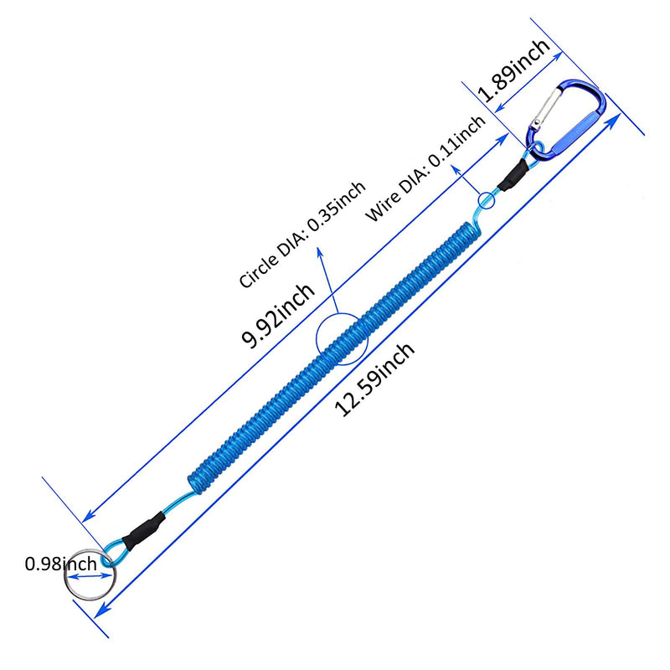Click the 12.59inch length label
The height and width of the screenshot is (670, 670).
(374, 379)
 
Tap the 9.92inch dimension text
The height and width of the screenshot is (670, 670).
(278, 315)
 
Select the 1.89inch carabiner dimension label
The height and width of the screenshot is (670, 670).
(513, 70)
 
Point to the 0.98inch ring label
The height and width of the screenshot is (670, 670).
(60, 564)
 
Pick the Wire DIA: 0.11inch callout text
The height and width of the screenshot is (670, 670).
(426, 169)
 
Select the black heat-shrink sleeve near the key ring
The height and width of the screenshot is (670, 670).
(143, 531)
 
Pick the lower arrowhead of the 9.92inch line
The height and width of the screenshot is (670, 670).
(88, 517)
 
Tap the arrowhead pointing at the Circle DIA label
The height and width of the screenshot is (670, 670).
(320, 253)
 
